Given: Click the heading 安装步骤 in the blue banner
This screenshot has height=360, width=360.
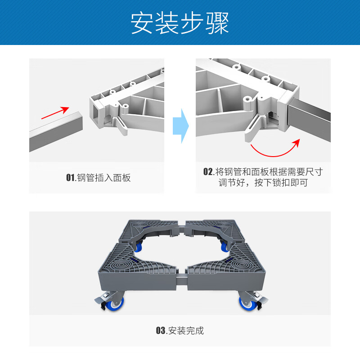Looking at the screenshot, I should click(x=180, y=22).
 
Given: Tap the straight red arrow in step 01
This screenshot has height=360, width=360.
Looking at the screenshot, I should click(x=55, y=113).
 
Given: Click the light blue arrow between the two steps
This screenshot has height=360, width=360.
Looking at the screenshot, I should click(x=180, y=126).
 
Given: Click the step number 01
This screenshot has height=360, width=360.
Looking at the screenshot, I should click(x=71, y=178).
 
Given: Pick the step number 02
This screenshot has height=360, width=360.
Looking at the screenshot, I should click(x=207, y=172).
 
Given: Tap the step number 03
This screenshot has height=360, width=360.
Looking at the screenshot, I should click(x=161, y=331).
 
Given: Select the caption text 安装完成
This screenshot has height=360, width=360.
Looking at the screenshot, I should click(x=185, y=331).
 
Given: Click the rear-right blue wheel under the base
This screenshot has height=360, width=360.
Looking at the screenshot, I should click(x=223, y=246).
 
